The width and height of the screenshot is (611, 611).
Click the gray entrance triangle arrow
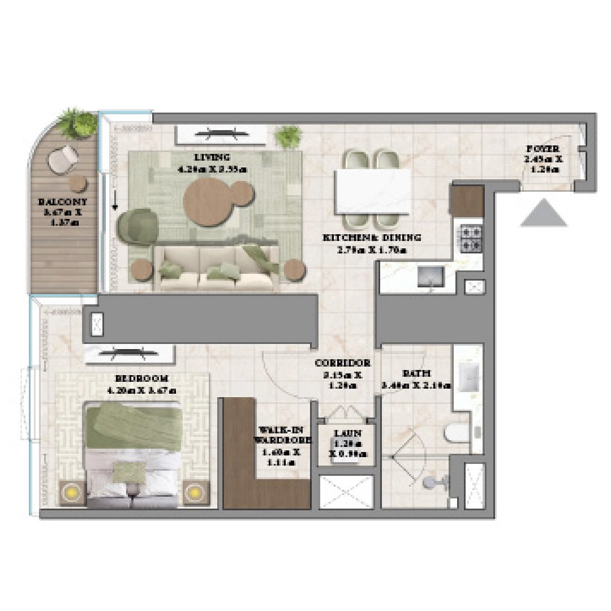click(x=543, y=214)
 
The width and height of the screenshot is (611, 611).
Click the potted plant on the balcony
click(x=77, y=123)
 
